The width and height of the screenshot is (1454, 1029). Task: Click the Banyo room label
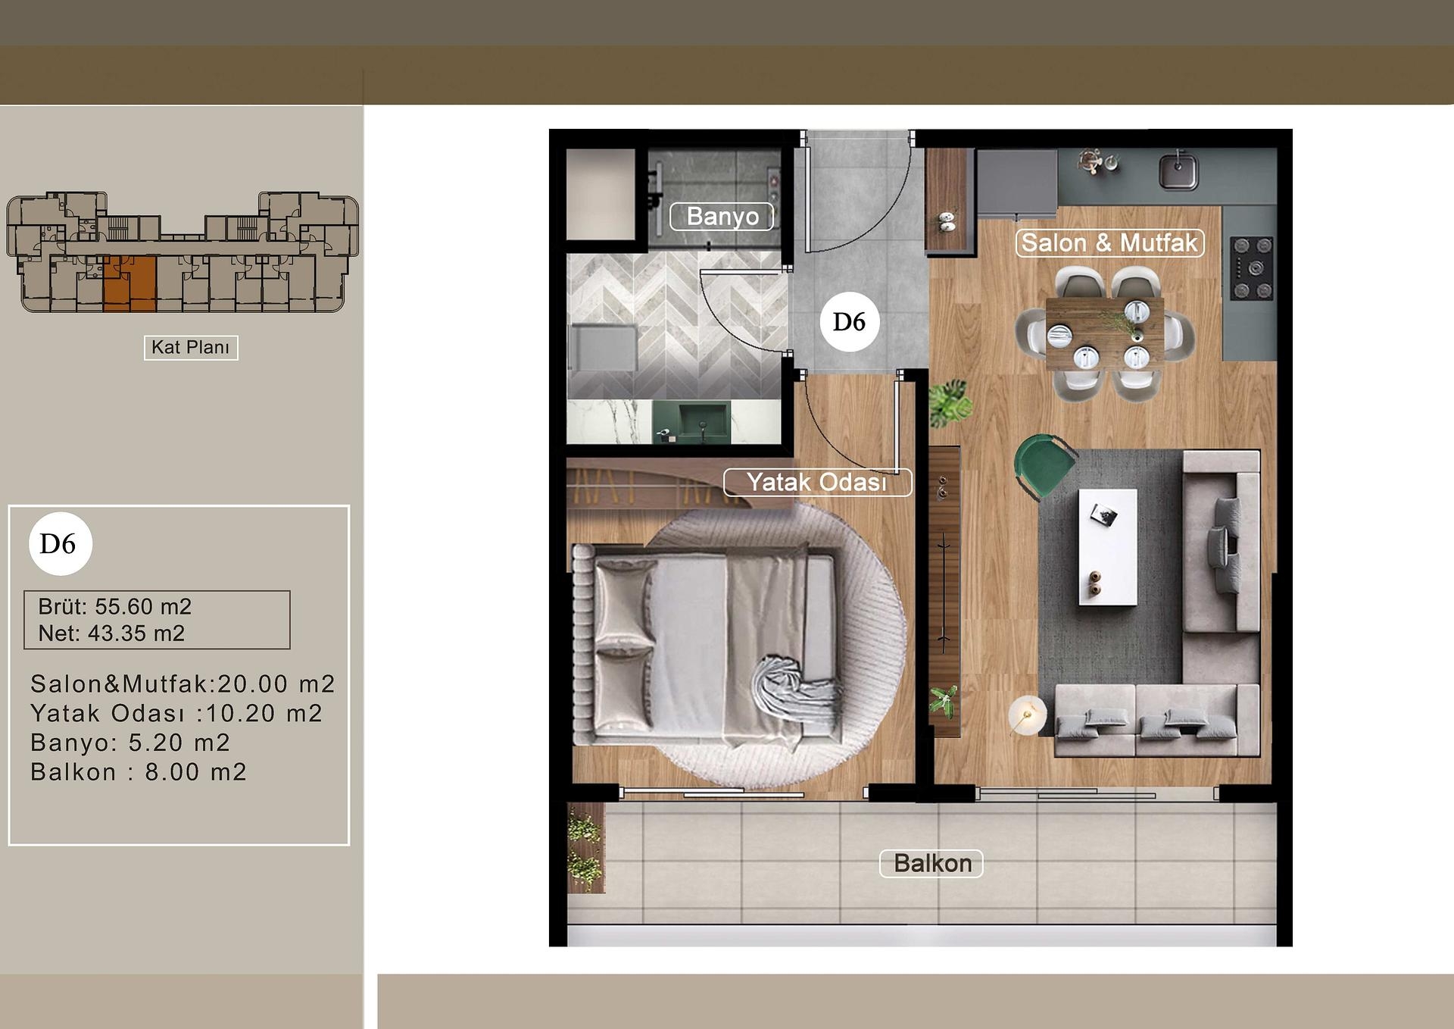click(722, 217)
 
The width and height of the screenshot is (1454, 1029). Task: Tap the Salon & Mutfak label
click(1109, 243)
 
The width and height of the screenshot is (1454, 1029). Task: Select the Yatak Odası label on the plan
click(817, 483)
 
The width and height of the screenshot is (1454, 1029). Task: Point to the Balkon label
click(931, 864)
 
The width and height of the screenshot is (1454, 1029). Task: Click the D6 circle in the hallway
click(849, 322)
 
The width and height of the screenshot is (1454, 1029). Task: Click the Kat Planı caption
click(191, 348)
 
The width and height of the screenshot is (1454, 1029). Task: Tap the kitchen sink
click(1178, 170)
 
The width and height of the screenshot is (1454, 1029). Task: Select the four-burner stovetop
click(1252, 268)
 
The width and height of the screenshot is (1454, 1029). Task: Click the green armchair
click(1043, 464)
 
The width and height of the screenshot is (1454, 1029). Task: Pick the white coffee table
click(1107, 546)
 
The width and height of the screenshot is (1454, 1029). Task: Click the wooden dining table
click(1104, 333)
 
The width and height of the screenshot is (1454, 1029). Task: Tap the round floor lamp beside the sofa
click(1027, 714)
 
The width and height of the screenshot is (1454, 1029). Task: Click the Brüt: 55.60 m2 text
click(115, 607)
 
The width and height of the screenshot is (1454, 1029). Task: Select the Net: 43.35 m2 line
click(111, 633)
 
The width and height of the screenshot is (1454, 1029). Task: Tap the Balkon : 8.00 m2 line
click(139, 772)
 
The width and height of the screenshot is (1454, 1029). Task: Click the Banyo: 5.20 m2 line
click(130, 743)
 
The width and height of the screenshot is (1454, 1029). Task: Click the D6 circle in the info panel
click(60, 544)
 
